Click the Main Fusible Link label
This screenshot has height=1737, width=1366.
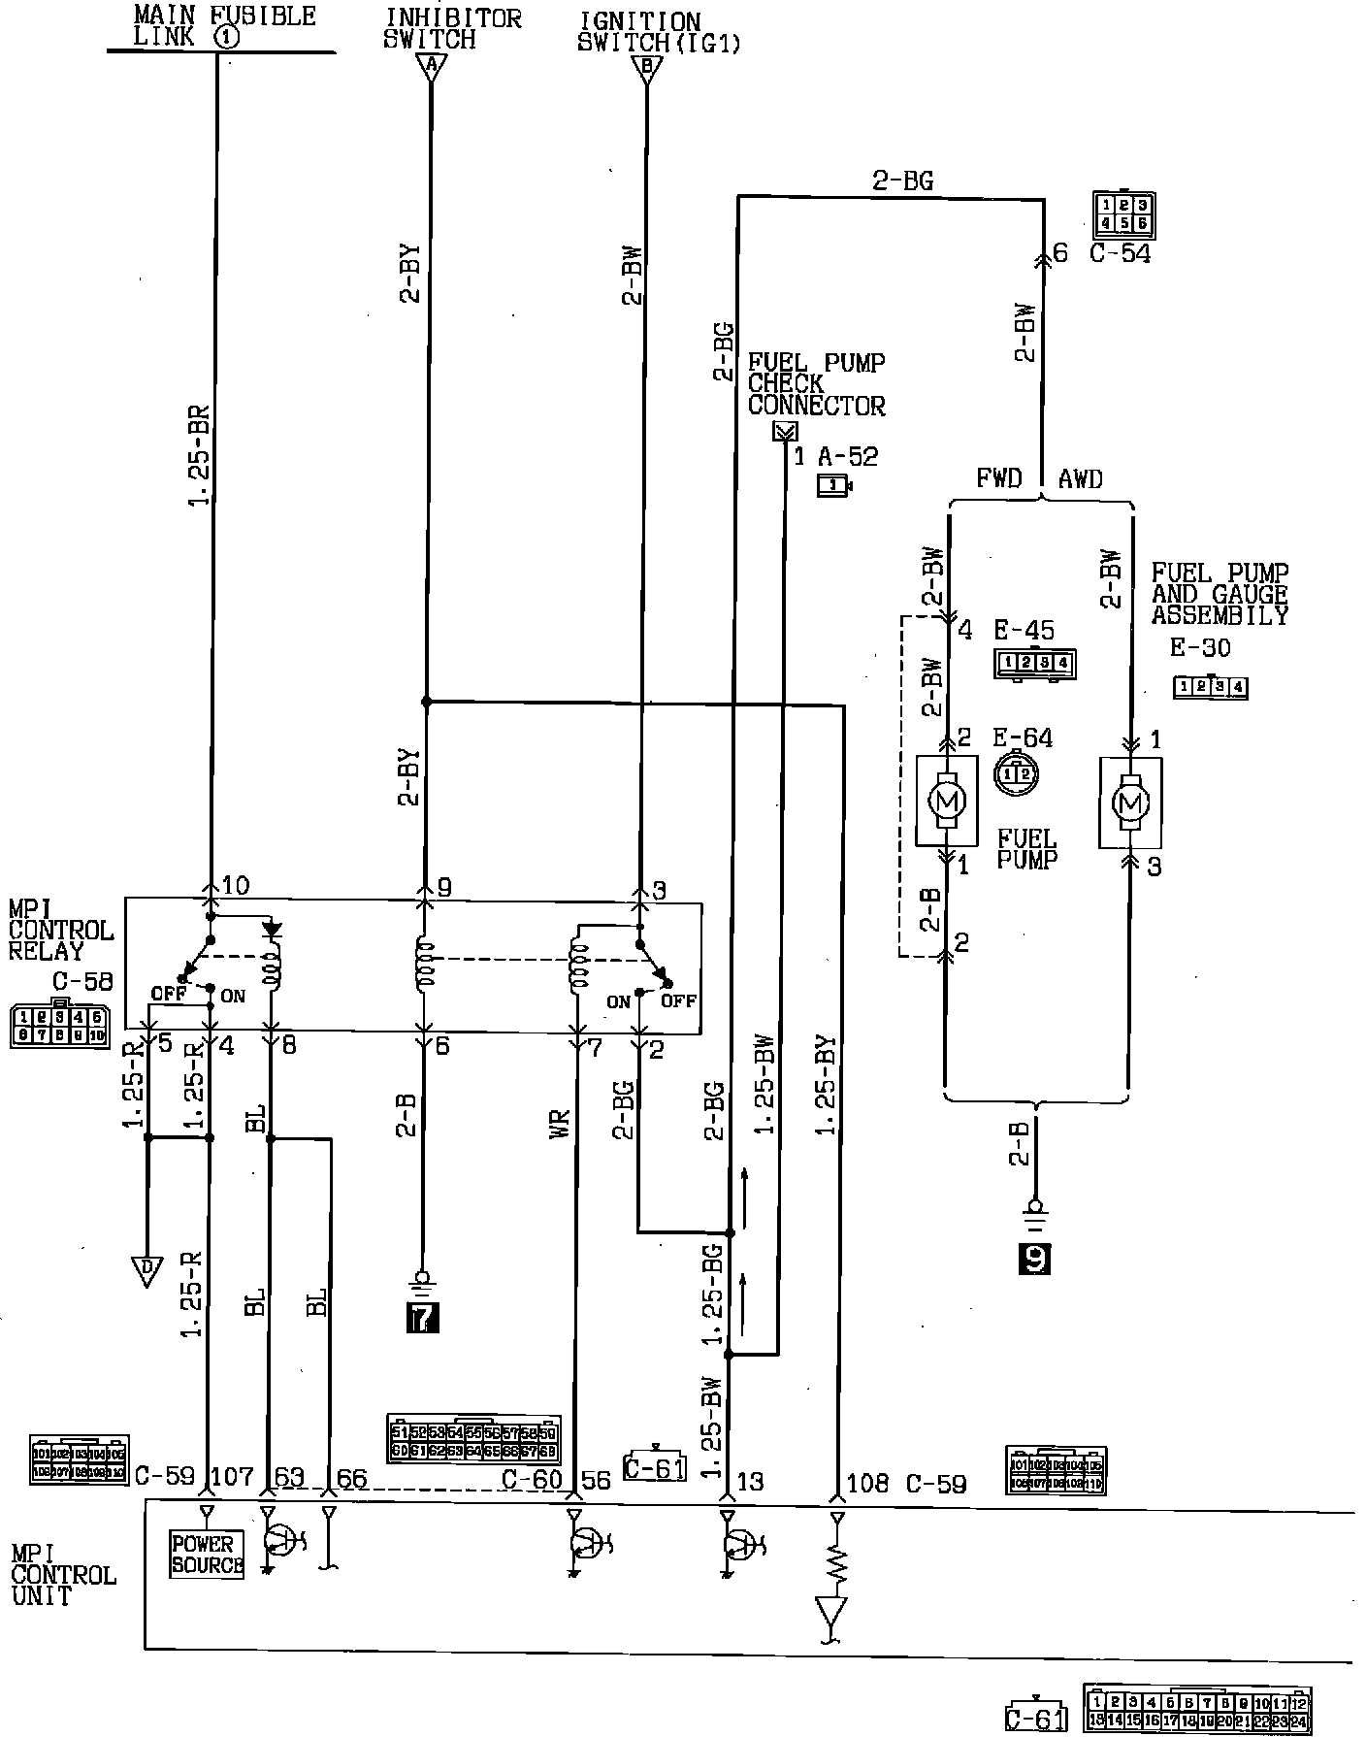223,27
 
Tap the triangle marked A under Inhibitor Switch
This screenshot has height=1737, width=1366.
431,67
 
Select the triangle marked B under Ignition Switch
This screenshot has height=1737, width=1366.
645,67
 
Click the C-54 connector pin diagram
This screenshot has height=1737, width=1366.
1122,214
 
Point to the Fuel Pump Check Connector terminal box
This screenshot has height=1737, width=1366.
784,432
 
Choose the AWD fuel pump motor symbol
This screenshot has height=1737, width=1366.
1129,803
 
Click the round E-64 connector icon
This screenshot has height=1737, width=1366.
1016,773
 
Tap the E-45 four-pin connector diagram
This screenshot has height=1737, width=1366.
1034,664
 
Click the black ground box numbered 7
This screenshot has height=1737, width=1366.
423,1317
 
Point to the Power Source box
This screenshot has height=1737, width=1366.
206,1554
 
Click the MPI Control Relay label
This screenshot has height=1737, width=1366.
60,929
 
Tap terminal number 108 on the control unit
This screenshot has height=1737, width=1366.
867,1482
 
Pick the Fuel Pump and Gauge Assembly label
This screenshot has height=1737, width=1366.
1220,594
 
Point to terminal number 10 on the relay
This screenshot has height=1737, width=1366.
236,885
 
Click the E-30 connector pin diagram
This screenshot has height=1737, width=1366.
1210,688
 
